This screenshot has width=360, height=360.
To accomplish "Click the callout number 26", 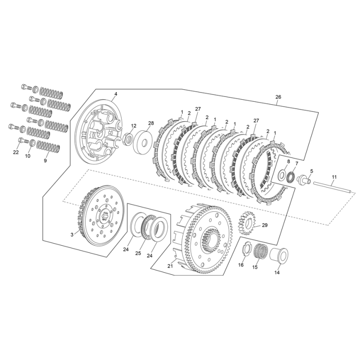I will pos(278,97).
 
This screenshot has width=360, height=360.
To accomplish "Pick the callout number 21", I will pos(170,266).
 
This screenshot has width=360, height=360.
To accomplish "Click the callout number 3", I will pos(72,235).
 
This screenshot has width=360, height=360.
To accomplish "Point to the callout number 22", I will pos(16,152).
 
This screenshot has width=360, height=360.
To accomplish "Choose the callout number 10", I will pos(28,156).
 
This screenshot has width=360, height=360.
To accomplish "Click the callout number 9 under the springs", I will pos(46,160).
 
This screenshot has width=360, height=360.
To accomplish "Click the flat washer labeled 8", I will pos(282,173).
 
